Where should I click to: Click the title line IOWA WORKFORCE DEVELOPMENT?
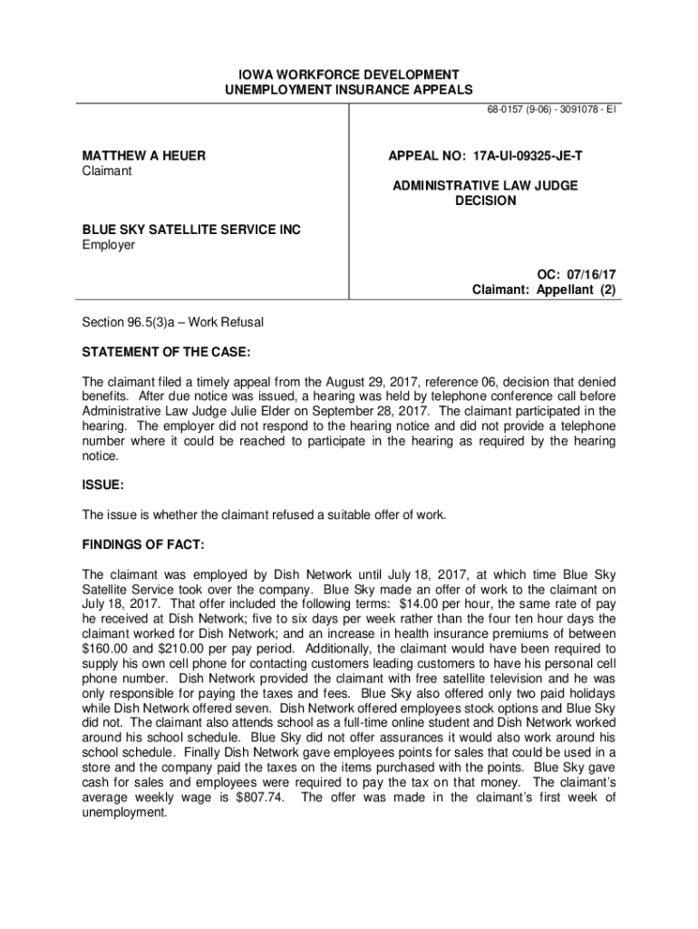[x=349, y=73]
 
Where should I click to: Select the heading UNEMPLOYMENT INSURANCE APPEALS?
[x=349, y=90]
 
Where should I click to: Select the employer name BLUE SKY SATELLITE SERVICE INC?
[x=191, y=230]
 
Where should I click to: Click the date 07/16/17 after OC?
[x=591, y=274]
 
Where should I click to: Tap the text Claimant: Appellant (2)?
[x=544, y=290]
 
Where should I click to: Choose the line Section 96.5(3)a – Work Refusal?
[x=172, y=322]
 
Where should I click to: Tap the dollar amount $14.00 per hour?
[x=455, y=602]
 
